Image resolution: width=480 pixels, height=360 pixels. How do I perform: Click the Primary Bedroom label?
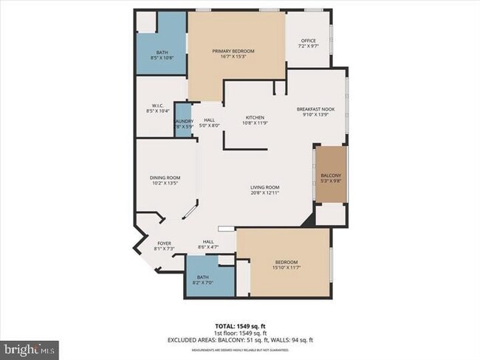(x=233, y=51)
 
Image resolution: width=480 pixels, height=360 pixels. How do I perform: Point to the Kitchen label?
(x=254, y=117)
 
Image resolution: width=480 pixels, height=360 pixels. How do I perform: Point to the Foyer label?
(x=164, y=243)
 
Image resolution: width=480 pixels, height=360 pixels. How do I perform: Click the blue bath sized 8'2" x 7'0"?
(x=203, y=277)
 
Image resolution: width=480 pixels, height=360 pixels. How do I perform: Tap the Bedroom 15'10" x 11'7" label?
(x=287, y=263)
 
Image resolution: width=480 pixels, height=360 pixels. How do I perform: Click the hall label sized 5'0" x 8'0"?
(x=209, y=122)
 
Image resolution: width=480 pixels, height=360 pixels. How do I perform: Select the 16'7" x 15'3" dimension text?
(x=233, y=56)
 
